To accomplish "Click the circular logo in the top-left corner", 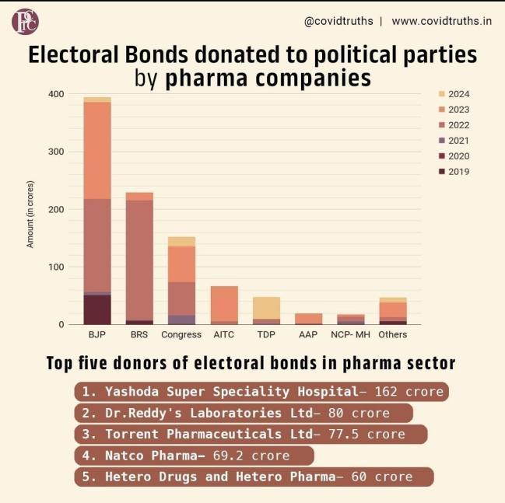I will click(x=25, y=22).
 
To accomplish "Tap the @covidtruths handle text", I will click(x=338, y=21).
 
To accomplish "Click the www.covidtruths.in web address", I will click(x=441, y=21).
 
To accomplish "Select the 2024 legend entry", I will click(x=458, y=94).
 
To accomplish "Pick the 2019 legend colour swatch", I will click(x=442, y=172).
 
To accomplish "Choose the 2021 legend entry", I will click(x=458, y=141).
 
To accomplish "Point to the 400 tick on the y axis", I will click(x=56, y=94).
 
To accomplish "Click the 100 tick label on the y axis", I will click(x=56, y=267).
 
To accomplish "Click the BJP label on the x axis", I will click(x=96, y=335).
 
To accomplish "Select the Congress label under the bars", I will click(x=181, y=335).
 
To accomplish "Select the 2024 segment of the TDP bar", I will click(x=266, y=307).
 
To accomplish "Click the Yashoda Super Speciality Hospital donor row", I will click(x=262, y=391).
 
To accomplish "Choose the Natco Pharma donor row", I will click(x=195, y=456).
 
